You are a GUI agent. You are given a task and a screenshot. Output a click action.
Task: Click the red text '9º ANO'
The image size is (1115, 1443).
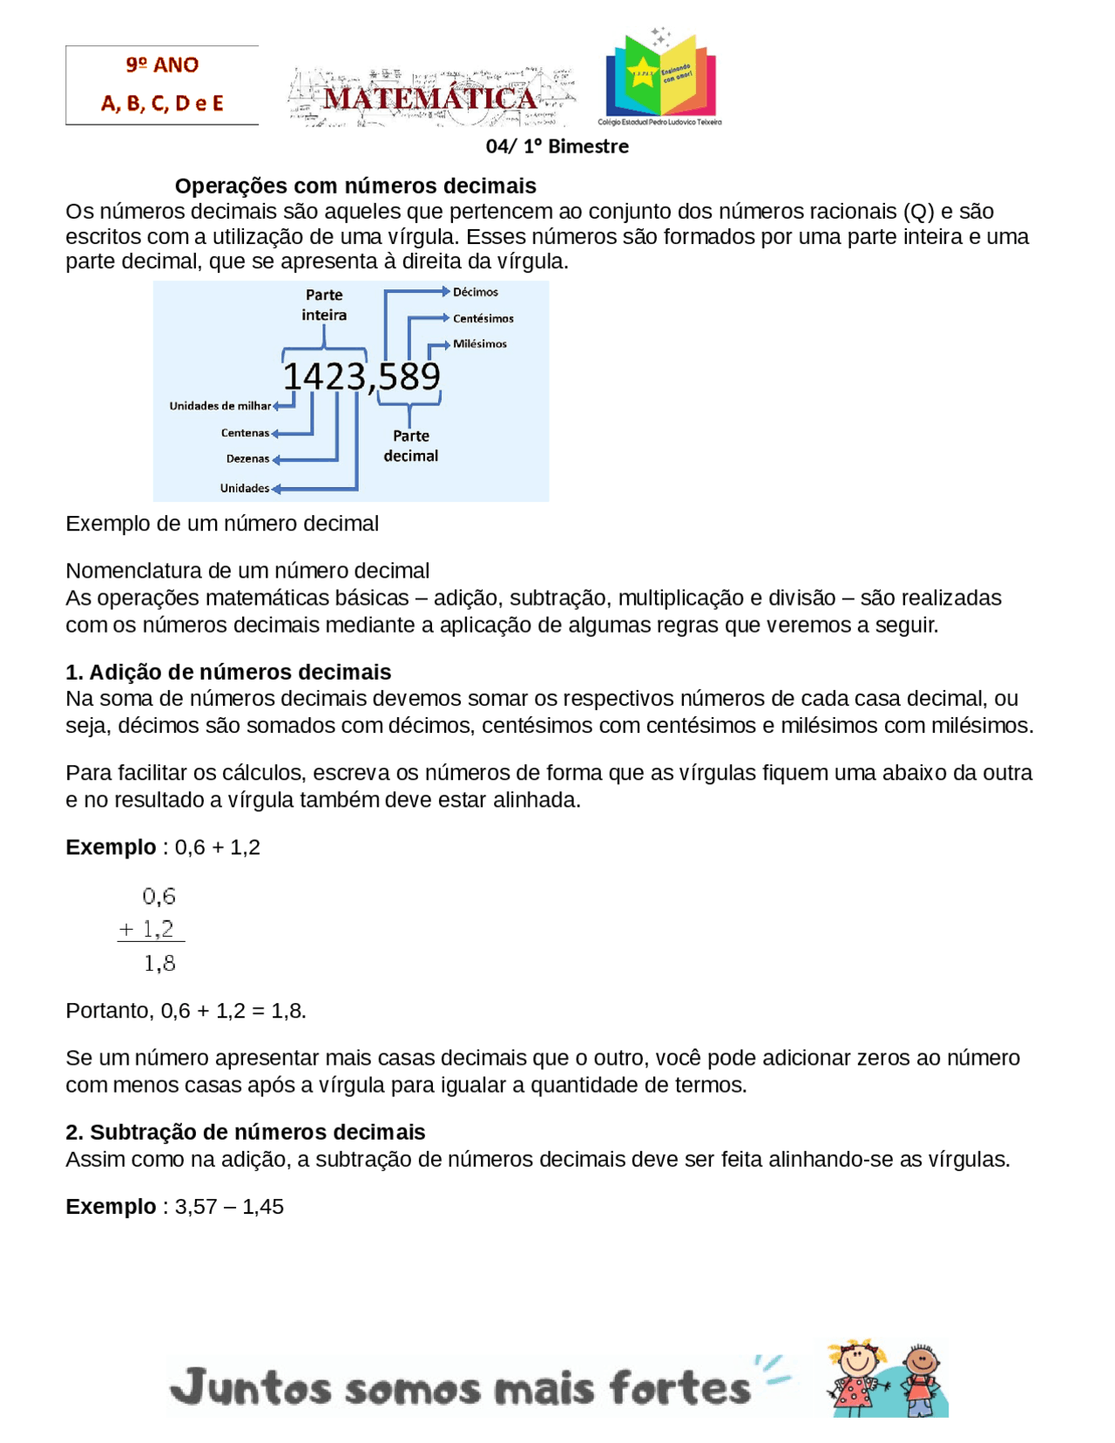[162, 65]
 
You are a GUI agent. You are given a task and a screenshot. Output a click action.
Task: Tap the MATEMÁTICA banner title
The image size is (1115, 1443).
[430, 98]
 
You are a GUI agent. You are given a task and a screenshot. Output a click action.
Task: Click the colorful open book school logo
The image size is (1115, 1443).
[661, 76]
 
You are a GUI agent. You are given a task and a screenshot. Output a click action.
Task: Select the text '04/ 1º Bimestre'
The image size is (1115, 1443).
[557, 146]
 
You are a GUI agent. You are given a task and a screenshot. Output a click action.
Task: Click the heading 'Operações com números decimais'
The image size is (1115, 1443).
[355, 186]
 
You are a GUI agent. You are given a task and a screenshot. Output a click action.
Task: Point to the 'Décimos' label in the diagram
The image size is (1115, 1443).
[476, 292]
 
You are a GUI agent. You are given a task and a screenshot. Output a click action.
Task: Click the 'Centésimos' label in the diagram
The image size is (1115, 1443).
[483, 319]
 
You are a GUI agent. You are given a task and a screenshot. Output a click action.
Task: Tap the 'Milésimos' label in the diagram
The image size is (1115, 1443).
[479, 344]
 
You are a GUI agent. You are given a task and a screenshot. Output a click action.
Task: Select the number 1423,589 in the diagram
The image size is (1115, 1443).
[362, 376]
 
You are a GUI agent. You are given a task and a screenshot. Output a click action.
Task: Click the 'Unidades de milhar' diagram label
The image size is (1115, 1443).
[220, 406]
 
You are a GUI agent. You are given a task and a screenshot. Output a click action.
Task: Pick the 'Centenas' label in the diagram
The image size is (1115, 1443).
[245, 433]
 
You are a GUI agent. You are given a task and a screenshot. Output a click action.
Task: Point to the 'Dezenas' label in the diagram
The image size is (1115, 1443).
[247, 459]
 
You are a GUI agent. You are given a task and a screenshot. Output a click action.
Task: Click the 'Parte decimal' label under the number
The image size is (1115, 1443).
[411, 445]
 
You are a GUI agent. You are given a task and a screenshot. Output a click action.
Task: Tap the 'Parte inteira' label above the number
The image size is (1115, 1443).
[324, 305]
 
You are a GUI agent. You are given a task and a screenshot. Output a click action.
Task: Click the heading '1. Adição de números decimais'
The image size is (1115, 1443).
[228, 672]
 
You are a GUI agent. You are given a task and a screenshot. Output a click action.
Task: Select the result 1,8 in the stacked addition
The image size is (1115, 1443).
[159, 963]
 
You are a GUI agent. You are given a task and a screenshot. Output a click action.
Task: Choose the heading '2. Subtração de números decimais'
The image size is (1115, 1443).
[246, 1132]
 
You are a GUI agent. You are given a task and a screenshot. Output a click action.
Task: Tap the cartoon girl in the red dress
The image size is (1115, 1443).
[856, 1378]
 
